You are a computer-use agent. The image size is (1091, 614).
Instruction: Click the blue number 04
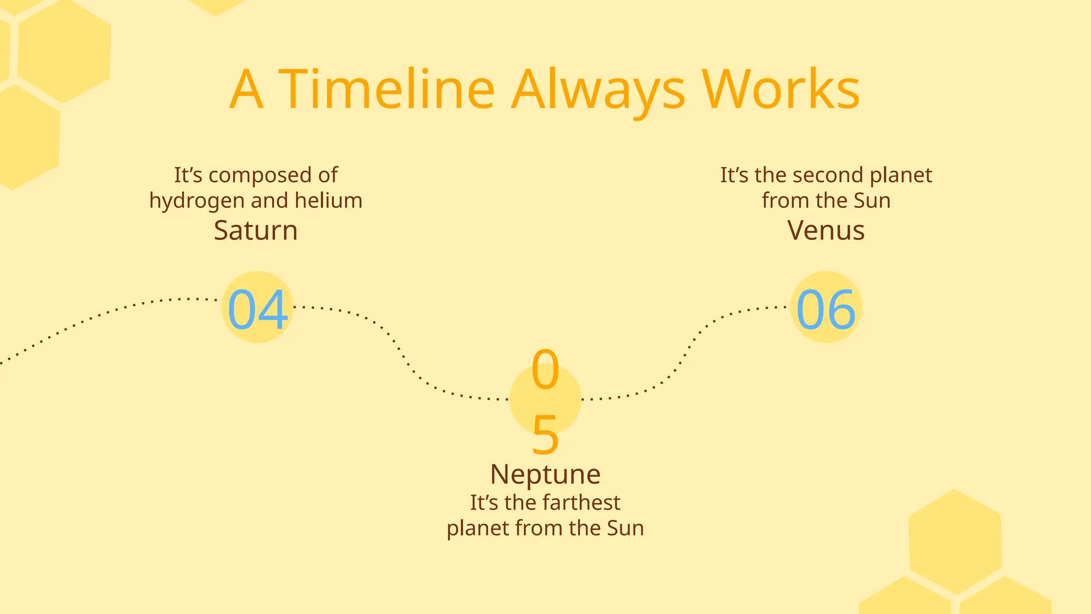tap(258, 309)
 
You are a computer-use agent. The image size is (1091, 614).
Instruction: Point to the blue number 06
tap(826, 309)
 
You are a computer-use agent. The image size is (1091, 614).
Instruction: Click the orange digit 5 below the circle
tap(545, 435)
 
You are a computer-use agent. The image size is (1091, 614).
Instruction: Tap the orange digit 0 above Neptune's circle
tap(545, 369)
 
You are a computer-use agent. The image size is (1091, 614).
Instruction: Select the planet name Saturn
tap(256, 230)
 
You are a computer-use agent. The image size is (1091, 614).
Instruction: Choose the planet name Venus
tap(826, 230)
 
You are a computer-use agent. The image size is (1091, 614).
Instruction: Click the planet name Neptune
tap(545, 474)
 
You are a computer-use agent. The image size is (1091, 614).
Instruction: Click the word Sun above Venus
tap(872, 200)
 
